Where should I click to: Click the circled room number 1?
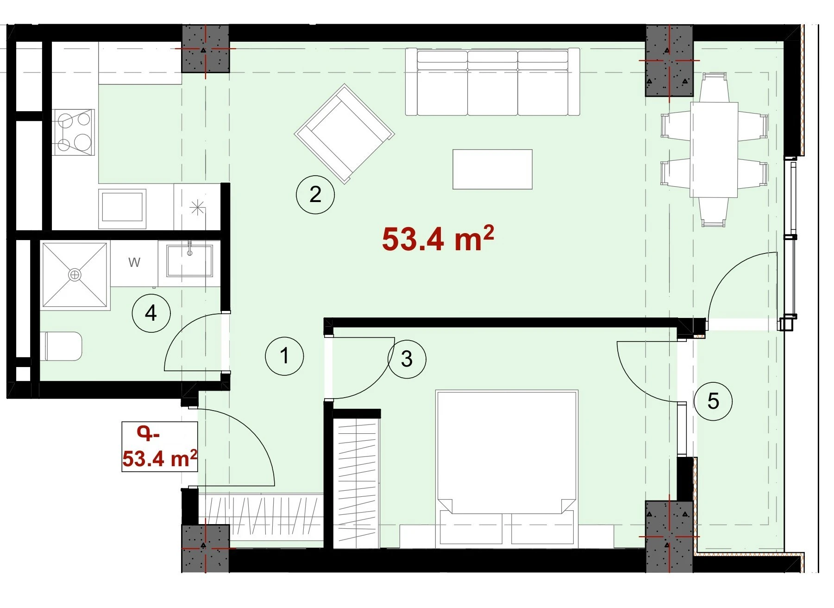tap(284, 356)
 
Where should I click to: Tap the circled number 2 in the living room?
tap(315, 194)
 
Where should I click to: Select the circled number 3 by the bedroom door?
tap(407, 359)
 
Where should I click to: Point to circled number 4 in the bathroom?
tap(151, 313)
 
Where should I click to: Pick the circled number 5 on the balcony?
tap(713, 401)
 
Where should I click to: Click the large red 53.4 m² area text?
tap(438, 238)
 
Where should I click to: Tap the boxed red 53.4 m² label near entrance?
tap(160, 447)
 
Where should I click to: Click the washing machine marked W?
tap(134, 263)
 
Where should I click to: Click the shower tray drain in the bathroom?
tap(74, 274)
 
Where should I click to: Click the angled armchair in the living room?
tap(345, 133)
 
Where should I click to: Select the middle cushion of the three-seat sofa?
tap(493, 83)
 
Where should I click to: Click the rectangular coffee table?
tap(492, 169)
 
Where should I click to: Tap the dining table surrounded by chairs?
tap(714, 150)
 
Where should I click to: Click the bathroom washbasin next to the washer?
tap(189, 261)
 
